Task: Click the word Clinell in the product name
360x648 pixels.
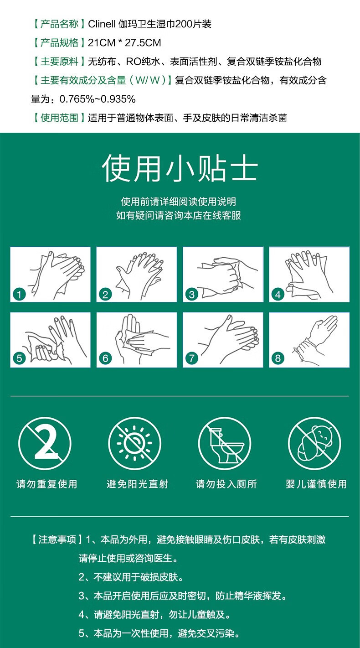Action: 102,24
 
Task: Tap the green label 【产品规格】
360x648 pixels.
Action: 59,43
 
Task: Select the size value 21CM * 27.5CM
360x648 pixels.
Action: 124,43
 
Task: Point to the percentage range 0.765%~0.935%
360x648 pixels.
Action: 98,99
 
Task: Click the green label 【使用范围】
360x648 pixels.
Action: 59,118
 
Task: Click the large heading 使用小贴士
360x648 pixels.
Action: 180,168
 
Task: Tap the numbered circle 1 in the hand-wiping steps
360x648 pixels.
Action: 20,295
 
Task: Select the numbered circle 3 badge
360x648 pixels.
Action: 192,295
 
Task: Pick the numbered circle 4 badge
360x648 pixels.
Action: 278,295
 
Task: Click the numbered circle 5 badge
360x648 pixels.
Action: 20,358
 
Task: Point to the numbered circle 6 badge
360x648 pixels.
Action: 105,358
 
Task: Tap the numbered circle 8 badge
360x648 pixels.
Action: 278,358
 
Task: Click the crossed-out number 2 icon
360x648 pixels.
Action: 45,443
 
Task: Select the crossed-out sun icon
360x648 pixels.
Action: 135,443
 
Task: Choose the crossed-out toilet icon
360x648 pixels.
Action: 225,443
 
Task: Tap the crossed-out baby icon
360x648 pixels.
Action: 314,443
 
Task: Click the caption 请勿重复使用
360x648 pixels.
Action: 47,484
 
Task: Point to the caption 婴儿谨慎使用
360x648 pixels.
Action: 316,484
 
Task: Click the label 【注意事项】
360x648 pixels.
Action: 57,539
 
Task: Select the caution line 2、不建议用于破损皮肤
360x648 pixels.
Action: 131,577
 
